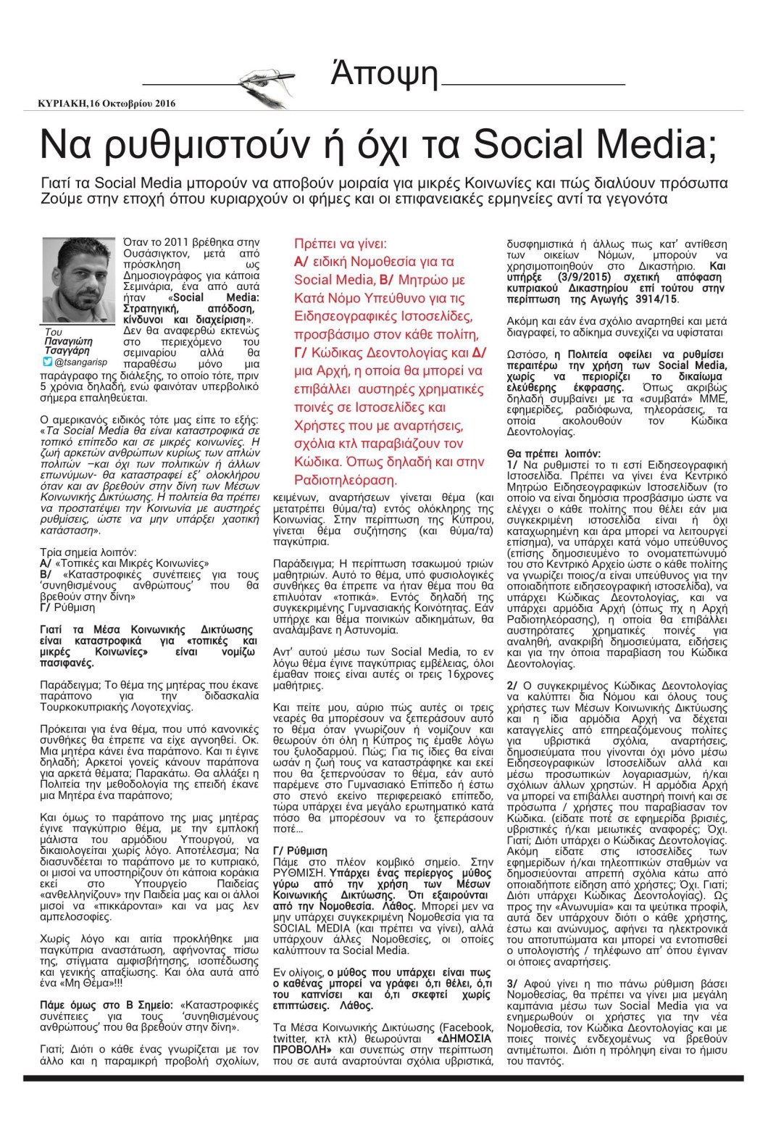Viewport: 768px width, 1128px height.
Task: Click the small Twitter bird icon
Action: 47,361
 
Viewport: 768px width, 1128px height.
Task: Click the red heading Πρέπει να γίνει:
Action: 340,244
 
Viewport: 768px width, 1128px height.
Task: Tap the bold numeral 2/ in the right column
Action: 512,685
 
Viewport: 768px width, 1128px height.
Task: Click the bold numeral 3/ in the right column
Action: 512,983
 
